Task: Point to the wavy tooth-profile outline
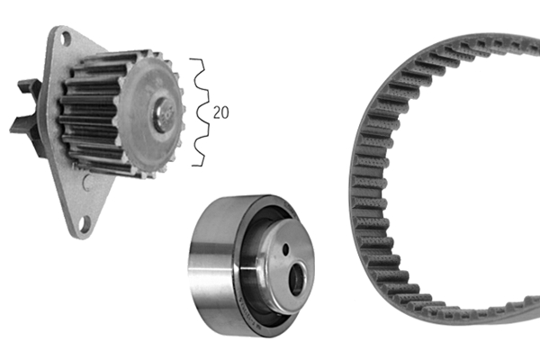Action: click(x=200, y=112)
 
